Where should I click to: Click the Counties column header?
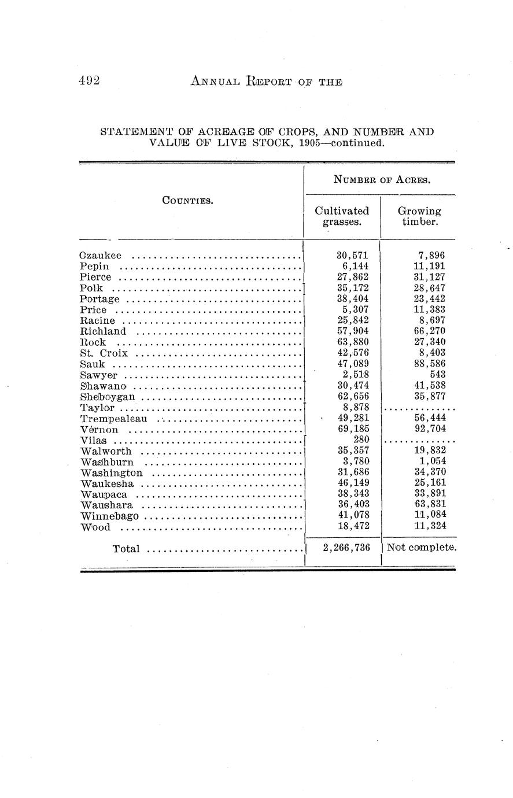187,201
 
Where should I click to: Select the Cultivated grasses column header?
342,216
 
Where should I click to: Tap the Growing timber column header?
419,216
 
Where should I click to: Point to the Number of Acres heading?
382,180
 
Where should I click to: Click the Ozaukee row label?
101,256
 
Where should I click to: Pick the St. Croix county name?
104,353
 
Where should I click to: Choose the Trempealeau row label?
114,419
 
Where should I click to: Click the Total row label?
126,549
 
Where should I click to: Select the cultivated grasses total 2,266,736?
346,548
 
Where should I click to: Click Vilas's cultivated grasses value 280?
361,440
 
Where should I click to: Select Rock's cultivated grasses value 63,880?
353,342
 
